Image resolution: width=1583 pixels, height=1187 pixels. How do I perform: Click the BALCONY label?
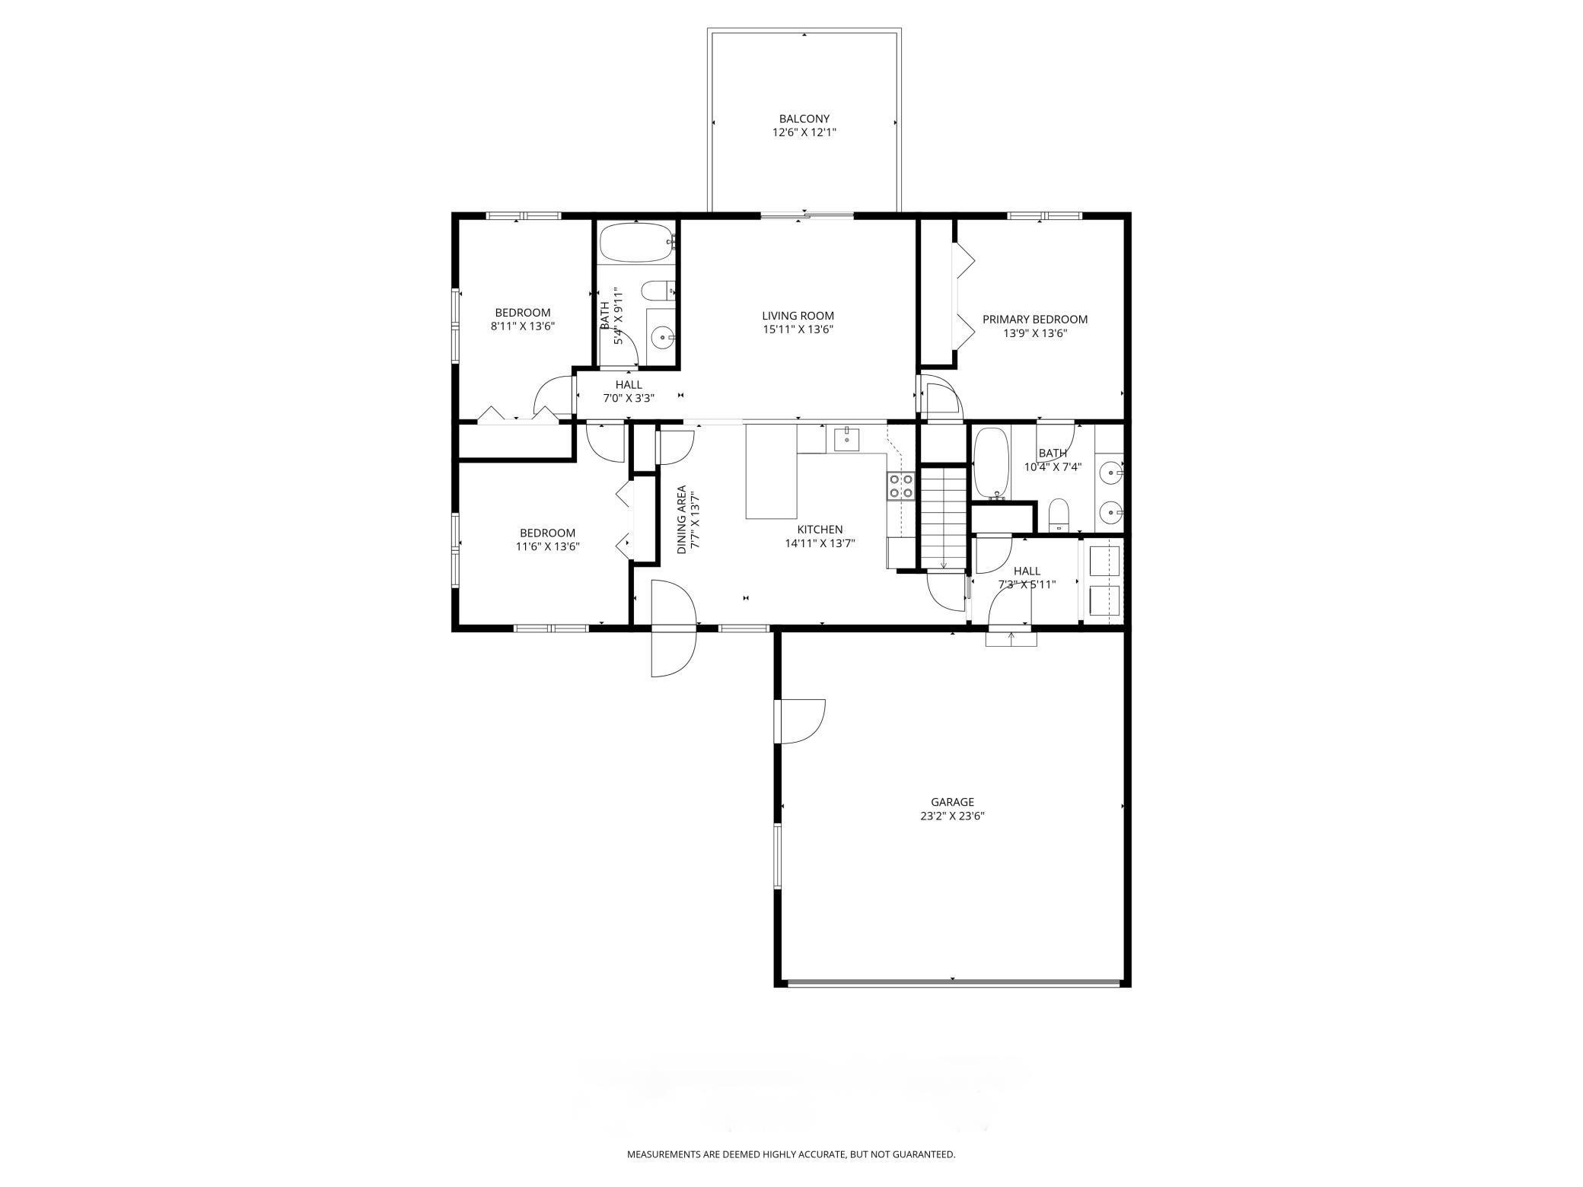804,119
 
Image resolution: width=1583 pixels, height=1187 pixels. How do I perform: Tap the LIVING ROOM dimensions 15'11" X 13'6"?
798,329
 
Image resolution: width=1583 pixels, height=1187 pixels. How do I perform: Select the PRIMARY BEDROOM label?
1034,320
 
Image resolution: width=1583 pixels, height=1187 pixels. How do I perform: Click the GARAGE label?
952,802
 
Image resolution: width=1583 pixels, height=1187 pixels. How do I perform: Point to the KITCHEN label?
820,530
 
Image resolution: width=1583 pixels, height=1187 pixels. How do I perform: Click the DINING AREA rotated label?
682,520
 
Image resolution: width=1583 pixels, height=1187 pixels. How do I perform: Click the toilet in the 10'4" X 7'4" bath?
1059,516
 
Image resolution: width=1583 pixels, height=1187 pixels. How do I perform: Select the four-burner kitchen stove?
900,485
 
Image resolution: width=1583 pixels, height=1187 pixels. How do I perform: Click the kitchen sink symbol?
846,439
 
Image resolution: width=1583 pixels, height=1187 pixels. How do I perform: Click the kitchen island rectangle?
771,472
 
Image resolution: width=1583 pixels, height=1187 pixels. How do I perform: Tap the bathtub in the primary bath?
990,463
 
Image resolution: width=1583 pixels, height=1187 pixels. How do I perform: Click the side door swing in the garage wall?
801,721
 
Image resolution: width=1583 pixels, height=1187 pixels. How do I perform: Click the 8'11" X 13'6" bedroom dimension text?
522,326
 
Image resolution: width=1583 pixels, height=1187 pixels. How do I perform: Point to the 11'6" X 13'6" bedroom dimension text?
547,546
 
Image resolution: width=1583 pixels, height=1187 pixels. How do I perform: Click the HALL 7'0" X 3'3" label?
629,391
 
